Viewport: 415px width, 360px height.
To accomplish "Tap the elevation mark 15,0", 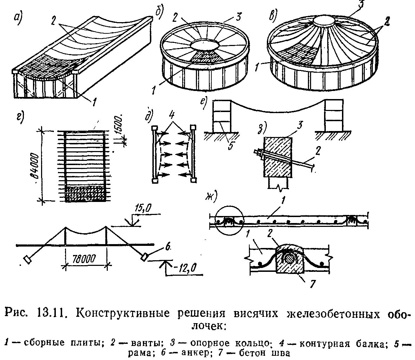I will point(143,209).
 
